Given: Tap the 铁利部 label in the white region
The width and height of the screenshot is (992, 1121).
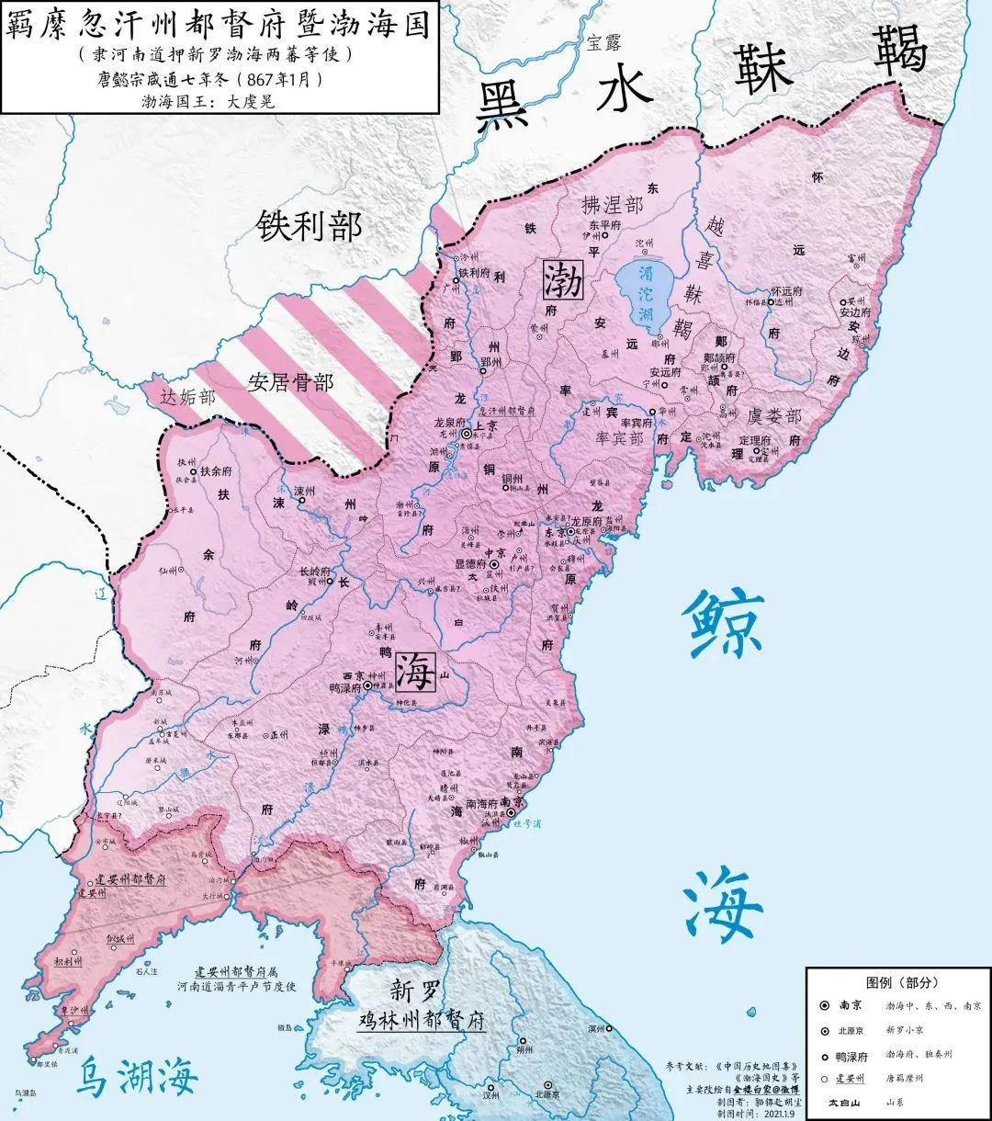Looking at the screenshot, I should (309, 225).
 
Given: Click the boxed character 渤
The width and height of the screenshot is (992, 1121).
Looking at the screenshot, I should (562, 278).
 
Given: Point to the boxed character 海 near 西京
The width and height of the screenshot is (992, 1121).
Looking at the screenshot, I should (414, 673).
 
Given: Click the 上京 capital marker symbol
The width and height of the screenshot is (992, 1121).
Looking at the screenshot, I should (467, 432).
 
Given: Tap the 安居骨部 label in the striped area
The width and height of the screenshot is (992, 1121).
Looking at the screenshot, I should (290, 381).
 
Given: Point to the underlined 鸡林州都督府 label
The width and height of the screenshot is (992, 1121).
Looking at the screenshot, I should (421, 1020).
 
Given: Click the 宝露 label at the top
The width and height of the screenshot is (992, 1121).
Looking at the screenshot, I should (605, 41).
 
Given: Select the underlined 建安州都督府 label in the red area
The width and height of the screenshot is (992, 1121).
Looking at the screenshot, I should (122, 878).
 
